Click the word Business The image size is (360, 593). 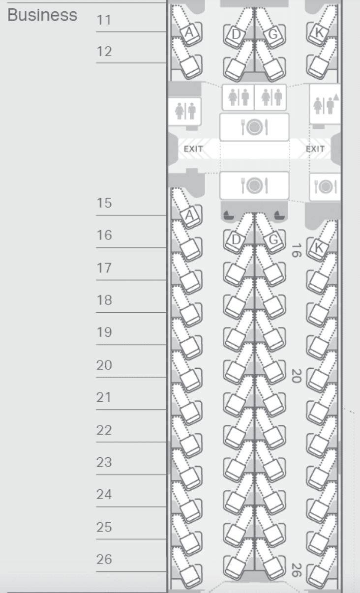[42, 15]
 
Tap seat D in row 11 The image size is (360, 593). [237, 34]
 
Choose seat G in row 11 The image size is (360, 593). [271, 34]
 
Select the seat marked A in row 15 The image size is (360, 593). [190, 214]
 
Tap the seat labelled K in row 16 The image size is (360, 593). [319, 248]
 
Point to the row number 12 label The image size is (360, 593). [104, 52]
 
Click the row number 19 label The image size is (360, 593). [104, 332]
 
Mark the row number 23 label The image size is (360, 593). [104, 462]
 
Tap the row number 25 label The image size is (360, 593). [104, 527]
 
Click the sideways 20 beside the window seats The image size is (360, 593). [296, 376]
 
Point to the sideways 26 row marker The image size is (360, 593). [296, 570]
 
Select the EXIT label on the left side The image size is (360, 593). [193, 148]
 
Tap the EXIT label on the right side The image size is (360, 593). [315, 148]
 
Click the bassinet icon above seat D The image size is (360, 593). [229, 215]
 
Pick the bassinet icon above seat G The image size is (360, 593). [279, 215]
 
